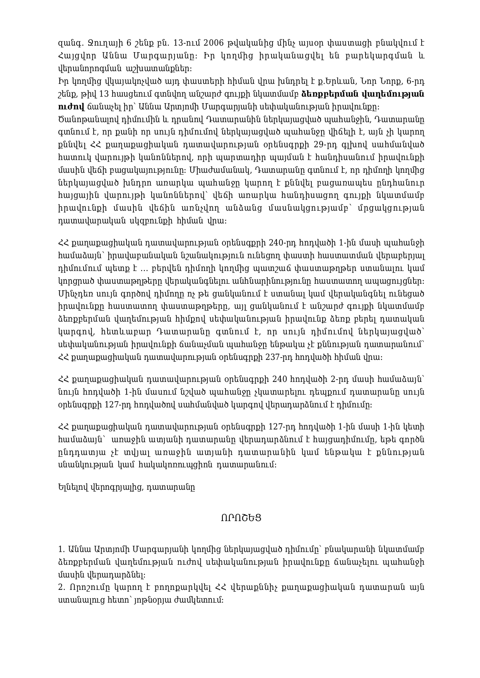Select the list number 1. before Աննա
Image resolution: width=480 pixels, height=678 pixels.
(x=61, y=549)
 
